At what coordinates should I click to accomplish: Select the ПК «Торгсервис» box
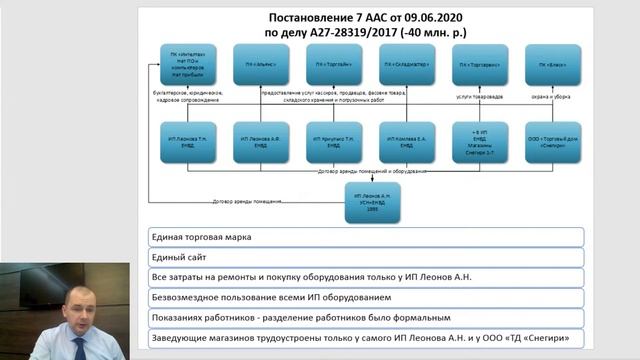pyautogui.click(x=480, y=64)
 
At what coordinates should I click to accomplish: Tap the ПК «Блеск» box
pyautogui.click(x=552, y=64)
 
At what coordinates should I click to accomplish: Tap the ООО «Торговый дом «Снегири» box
pyautogui.click(x=552, y=142)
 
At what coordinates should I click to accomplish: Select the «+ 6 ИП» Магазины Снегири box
pyautogui.click(x=480, y=142)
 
